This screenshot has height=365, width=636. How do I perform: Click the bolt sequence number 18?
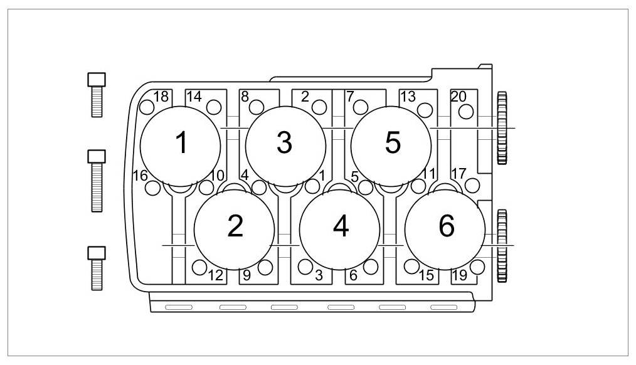click(x=161, y=97)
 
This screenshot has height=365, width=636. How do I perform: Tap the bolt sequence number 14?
click(x=194, y=97)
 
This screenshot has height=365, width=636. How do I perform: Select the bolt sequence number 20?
click(x=458, y=97)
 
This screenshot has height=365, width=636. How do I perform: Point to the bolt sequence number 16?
click(x=140, y=175)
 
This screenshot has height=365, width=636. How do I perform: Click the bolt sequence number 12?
click(x=215, y=275)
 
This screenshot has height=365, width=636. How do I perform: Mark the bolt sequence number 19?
click(x=459, y=275)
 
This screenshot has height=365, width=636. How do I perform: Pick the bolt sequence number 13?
click(x=408, y=97)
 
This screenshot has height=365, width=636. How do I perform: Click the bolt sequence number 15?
click(x=426, y=275)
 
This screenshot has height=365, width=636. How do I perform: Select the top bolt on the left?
click(x=96, y=95)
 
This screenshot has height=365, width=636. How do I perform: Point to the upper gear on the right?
click(x=502, y=128)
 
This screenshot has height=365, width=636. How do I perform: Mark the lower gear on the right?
click(x=502, y=245)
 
